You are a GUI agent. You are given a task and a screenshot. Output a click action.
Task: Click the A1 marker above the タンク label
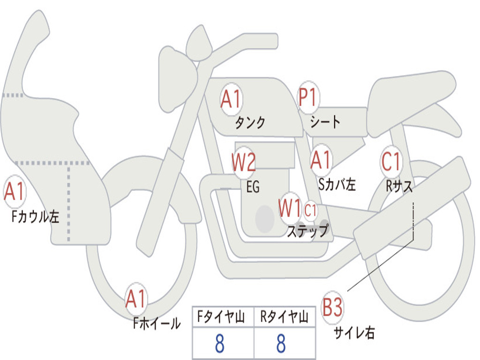(x=232, y=99)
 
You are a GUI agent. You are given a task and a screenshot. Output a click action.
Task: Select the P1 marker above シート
(x=308, y=97)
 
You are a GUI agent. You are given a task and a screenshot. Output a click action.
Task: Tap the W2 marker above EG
(x=244, y=162)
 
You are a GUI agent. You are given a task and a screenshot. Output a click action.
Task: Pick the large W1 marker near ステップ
(x=290, y=208)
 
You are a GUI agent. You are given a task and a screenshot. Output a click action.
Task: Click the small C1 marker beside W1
(x=310, y=210)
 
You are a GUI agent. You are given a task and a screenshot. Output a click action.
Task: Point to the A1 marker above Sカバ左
(x=321, y=160)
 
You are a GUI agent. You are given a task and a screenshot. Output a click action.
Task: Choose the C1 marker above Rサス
(x=391, y=161)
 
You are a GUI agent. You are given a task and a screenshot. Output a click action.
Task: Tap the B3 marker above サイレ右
(x=332, y=307)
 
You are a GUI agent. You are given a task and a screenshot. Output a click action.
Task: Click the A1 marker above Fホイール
(x=136, y=299)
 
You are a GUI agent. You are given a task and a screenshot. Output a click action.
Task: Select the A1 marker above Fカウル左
(x=15, y=191)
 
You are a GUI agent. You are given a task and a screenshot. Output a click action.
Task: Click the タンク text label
(x=250, y=122)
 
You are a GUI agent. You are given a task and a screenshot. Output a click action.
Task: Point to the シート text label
(x=325, y=122)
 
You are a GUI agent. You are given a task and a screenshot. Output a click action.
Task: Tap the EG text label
(x=253, y=187)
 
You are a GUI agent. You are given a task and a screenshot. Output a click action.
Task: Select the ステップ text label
(x=307, y=231)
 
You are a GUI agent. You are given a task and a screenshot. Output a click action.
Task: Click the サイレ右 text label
(x=354, y=332)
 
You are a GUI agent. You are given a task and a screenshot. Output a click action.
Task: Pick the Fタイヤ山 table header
(x=221, y=316)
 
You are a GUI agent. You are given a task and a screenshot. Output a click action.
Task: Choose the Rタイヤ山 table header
(x=284, y=316)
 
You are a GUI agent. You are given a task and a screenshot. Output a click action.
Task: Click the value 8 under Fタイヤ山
(x=220, y=343)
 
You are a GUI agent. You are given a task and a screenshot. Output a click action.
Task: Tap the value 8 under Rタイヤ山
(x=281, y=343)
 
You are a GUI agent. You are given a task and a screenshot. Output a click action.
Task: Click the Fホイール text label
(x=157, y=323)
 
